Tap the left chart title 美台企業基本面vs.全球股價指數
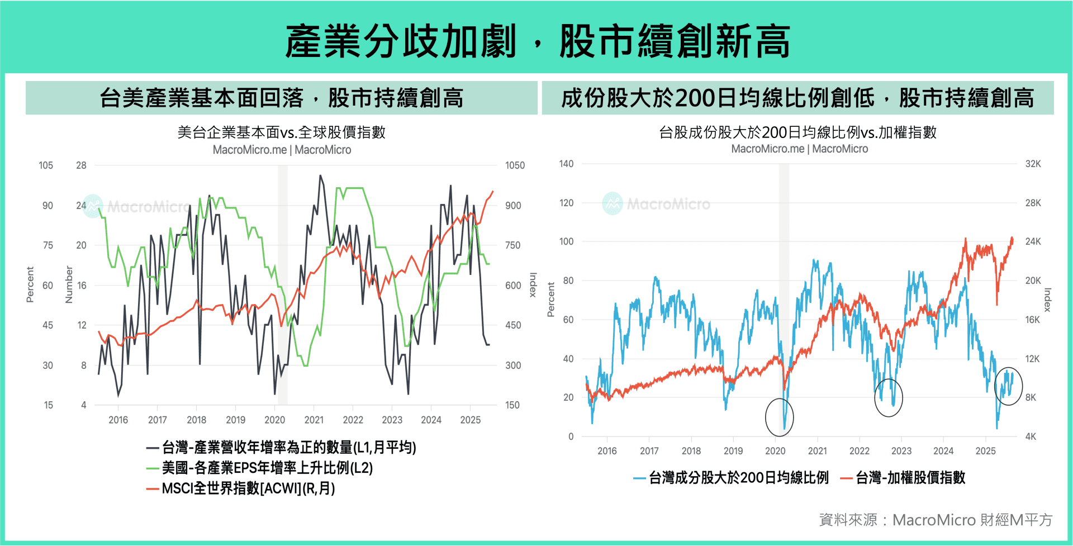tap(281, 132)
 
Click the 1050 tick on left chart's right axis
tap(515, 165)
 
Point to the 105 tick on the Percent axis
tap(46, 165)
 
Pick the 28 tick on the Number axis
tap(81, 165)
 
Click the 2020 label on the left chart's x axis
tap(274, 420)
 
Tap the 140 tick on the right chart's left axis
tap(566, 164)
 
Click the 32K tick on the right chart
tap(1033, 164)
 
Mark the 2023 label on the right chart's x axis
tap(901, 451)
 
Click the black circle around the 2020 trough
tap(779, 417)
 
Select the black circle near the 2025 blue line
tap(1008, 386)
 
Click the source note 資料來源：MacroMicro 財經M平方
tap(935, 520)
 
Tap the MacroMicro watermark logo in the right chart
tap(613, 203)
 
